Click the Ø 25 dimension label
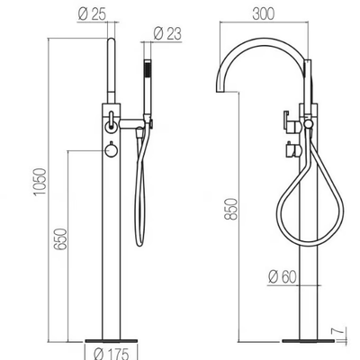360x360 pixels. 92,14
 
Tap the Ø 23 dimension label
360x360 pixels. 167,33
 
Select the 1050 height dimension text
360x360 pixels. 40,182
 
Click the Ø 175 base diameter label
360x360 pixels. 111,354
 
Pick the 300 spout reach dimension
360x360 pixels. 264,13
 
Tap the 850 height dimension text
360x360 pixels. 231,209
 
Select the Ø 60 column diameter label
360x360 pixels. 283,276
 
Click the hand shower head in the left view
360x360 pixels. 148,87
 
